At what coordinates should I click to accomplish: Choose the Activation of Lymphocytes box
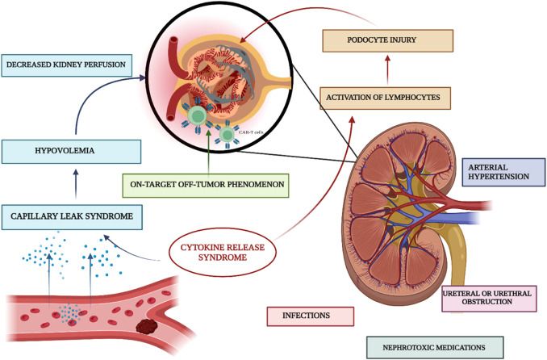click(x=383, y=98)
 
